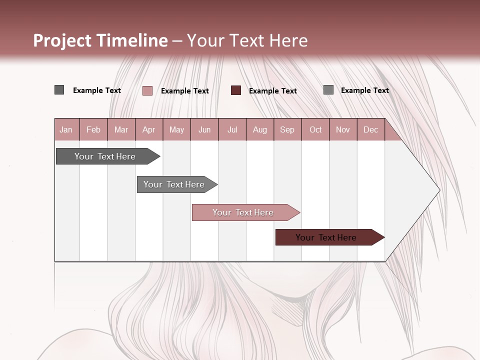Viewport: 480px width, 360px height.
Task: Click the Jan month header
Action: (x=66, y=129)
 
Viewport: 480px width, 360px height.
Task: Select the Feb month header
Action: (x=93, y=129)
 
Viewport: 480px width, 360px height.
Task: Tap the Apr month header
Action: (x=149, y=129)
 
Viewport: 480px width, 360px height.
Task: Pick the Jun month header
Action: (x=204, y=129)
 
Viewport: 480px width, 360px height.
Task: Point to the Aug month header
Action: (x=260, y=129)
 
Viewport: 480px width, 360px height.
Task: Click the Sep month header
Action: (x=287, y=129)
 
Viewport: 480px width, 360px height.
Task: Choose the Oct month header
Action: (x=315, y=129)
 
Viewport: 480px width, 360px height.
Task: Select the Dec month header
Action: (x=371, y=129)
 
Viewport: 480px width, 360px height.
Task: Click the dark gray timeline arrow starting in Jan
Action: (x=105, y=156)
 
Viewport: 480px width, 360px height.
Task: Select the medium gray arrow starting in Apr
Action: (x=174, y=184)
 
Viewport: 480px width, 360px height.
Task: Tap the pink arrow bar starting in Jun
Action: (x=243, y=212)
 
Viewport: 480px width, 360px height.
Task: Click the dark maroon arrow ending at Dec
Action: (x=326, y=237)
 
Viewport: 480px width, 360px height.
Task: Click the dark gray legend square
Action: (x=59, y=90)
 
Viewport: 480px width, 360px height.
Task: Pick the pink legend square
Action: (x=147, y=90)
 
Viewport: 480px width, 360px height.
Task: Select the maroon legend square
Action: (x=236, y=90)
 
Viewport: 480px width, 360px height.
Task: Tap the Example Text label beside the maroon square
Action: (x=273, y=90)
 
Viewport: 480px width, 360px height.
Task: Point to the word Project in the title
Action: (x=62, y=40)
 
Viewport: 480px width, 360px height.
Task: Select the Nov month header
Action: (x=343, y=129)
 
